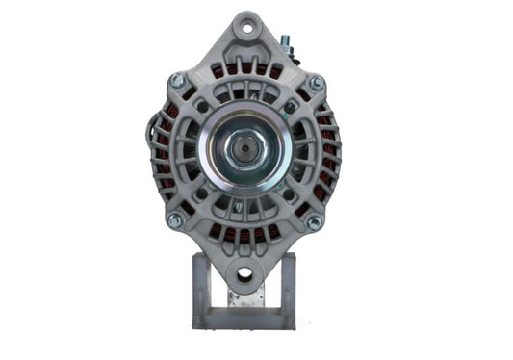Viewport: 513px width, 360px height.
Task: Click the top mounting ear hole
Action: [245, 27]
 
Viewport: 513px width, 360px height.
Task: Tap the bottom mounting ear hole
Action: [244, 275]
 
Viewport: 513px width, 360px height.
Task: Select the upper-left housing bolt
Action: [177, 81]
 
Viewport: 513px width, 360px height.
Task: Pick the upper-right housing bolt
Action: [315, 84]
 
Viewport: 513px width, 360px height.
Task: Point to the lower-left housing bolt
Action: [175, 219]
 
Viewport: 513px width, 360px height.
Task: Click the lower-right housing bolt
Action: [313, 221]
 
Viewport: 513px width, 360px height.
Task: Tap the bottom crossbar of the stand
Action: [243, 321]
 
